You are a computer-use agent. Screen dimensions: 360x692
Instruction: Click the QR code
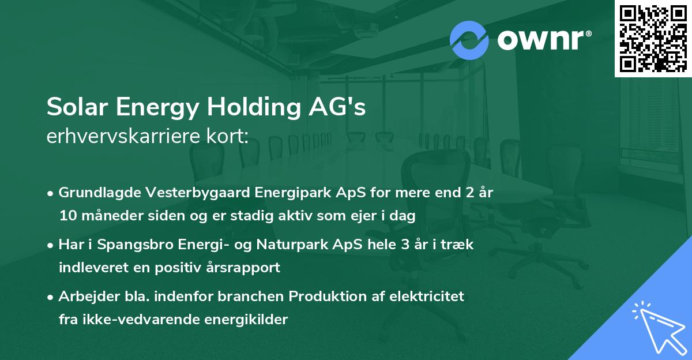[x=653, y=39]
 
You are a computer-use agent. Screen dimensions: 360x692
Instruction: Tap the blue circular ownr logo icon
[x=469, y=40]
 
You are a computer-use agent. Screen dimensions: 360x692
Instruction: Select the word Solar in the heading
[x=73, y=107]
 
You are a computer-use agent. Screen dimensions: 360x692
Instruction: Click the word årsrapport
[x=245, y=267]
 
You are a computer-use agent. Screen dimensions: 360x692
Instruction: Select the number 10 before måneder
[x=67, y=215]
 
